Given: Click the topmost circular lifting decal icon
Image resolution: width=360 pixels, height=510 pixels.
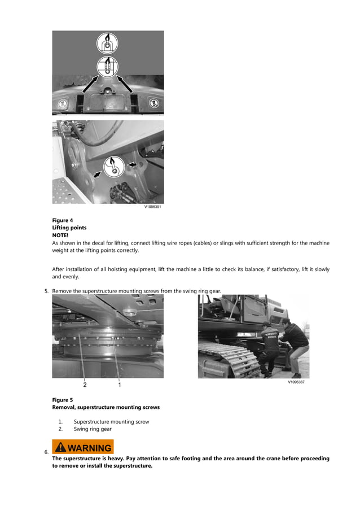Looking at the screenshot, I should point(107,43).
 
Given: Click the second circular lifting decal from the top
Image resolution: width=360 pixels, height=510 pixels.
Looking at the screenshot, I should point(107,66).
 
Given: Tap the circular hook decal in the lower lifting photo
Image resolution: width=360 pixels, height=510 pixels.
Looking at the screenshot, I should point(113,167).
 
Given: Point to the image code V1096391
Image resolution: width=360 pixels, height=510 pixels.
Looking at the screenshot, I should point(153,207).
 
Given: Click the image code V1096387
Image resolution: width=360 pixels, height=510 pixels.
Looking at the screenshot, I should point(296,382).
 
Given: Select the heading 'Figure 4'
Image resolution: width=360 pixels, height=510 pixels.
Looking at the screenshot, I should point(63,220).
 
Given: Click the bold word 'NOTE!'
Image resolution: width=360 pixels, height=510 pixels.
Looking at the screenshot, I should point(60,235).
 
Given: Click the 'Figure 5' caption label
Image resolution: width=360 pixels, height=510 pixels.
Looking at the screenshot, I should point(63,400).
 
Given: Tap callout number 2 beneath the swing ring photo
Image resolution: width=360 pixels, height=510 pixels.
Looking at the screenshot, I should point(85,385).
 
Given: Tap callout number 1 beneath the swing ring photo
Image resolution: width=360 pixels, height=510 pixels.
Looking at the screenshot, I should point(120,385).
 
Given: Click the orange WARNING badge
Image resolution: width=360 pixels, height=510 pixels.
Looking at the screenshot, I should point(83,447).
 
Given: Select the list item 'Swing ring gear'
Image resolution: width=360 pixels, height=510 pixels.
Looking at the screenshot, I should point(93,429).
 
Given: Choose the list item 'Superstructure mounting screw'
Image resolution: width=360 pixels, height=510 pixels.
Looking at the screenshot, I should point(111,422).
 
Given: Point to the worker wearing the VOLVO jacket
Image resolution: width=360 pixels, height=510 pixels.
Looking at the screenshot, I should point(271,345).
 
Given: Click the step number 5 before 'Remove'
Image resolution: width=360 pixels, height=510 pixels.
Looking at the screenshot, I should point(46,291).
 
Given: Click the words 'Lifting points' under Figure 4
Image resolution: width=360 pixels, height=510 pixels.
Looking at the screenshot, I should point(69,228).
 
